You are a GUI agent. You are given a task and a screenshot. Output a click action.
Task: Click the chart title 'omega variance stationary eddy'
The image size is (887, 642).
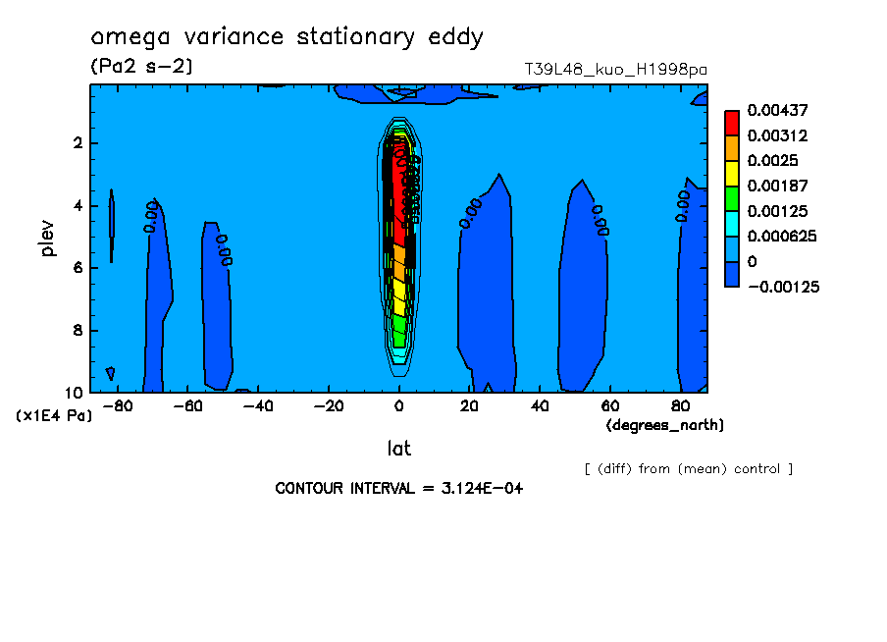287,38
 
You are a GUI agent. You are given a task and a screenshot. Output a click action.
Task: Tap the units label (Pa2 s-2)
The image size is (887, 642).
141,67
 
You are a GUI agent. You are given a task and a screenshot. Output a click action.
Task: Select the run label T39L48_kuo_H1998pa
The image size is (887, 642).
616,70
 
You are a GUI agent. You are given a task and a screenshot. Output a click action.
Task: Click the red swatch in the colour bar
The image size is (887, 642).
731,122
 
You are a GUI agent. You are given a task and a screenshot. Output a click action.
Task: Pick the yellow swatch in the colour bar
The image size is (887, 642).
731,173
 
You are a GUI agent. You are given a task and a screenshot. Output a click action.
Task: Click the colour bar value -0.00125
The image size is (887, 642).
782,287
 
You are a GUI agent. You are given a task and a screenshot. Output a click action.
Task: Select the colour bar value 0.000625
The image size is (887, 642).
782,237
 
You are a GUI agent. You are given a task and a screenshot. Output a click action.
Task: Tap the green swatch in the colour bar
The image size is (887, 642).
731,197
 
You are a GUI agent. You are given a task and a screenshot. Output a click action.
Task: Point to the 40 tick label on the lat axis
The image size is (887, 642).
540,406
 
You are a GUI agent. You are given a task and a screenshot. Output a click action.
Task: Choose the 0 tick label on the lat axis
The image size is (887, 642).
399,406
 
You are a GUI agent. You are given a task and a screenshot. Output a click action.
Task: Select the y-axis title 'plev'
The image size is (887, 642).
48,238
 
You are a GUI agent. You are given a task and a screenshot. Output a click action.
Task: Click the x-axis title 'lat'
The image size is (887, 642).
398,449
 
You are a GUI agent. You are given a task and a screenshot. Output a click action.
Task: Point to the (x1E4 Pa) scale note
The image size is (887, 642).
54,416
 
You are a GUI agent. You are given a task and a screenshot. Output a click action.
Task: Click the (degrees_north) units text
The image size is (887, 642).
665,424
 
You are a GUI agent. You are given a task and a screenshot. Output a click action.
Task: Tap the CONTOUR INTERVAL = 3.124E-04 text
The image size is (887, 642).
398,488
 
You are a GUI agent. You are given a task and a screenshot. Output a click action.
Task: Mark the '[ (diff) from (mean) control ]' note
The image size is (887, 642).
688,468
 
